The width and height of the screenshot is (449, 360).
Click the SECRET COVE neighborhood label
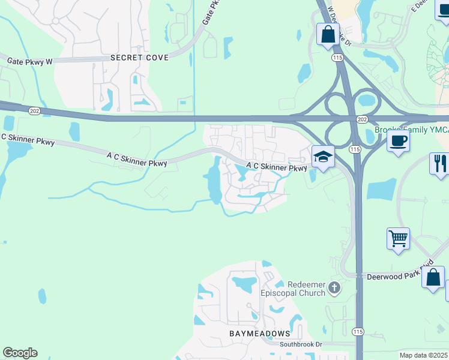(139, 58)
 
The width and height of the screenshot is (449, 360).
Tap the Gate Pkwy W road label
(30, 61)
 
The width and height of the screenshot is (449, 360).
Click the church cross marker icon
(334, 289)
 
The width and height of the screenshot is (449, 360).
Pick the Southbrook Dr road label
(301, 344)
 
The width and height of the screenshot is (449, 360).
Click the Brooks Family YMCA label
(411, 130)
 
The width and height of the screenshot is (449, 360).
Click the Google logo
(20, 353)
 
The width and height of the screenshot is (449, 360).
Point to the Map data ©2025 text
(423, 355)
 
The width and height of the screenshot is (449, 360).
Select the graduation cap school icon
(323, 158)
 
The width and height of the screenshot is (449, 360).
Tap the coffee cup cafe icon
(397, 142)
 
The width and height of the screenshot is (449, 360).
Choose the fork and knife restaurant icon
(439, 163)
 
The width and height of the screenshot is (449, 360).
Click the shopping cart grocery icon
(398, 239)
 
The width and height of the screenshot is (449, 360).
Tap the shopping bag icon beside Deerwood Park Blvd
(433, 278)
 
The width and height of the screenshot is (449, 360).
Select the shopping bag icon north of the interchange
(328, 34)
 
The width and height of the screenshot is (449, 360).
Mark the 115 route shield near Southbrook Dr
(358, 332)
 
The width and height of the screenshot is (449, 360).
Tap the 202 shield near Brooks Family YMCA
(362, 120)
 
